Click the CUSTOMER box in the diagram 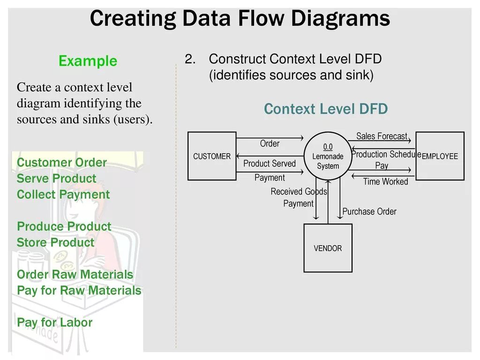pyautogui.click(x=212, y=156)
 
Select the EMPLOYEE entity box pyautogui.click(x=440, y=156)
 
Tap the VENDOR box pyautogui.click(x=328, y=248)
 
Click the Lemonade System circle pyautogui.click(x=328, y=157)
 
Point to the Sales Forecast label pyautogui.click(x=382, y=136)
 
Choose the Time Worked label pyautogui.click(x=385, y=181)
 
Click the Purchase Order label pyautogui.click(x=369, y=211)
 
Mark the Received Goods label pyautogui.click(x=299, y=191)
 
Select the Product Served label pyautogui.click(x=270, y=164)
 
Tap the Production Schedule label pyautogui.click(x=383, y=154)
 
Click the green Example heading pyautogui.click(x=88, y=61)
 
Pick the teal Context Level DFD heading pyautogui.click(x=326, y=109)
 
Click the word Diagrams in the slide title pyautogui.click(x=340, y=19)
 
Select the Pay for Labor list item pyautogui.click(x=55, y=322)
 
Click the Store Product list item pyautogui.click(x=55, y=243)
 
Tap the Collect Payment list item pyautogui.click(x=63, y=195)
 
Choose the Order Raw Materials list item pyautogui.click(x=75, y=275)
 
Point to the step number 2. pyautogui.click(x=189, y=60)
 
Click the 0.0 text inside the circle pyautogui.click(x=328, y=147)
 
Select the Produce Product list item pyautogui.click(x=64, y=226)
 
